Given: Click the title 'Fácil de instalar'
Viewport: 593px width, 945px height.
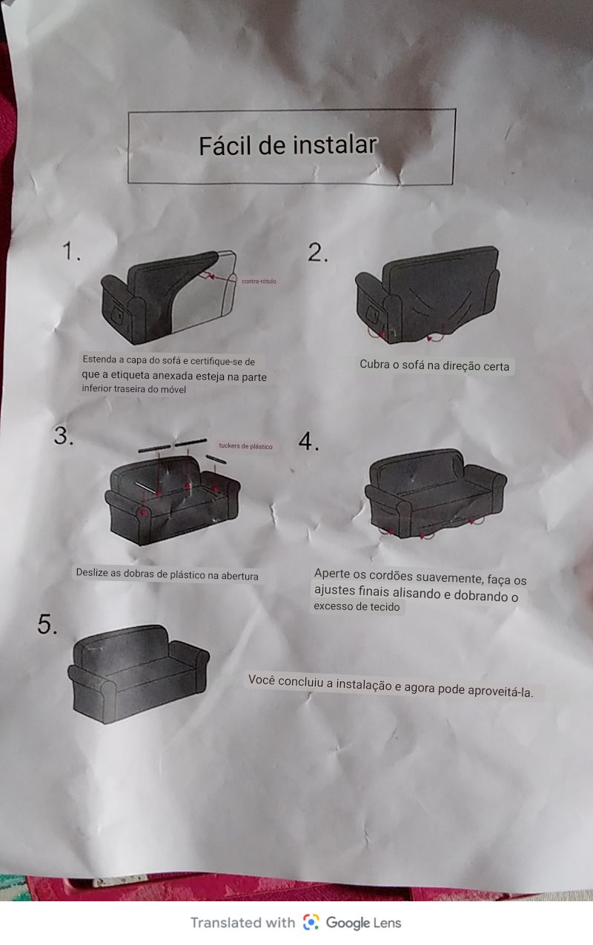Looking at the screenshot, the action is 288,145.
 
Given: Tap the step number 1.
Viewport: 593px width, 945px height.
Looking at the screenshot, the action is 71,251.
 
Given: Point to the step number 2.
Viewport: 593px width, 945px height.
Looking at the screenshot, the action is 317,253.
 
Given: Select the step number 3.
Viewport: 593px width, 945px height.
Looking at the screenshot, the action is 64,435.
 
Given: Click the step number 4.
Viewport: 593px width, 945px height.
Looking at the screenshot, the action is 308,441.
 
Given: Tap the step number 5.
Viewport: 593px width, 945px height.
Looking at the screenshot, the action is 47,624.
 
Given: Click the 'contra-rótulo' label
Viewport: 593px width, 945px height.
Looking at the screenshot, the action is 259,281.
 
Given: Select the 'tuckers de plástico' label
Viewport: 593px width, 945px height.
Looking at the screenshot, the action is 245,446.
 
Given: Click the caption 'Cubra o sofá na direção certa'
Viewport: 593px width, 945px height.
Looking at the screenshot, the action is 434,365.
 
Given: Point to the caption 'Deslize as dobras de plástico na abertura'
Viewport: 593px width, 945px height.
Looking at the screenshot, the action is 167,574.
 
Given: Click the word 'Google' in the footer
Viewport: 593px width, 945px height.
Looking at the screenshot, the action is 348,923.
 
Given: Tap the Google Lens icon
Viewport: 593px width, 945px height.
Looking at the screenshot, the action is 311,922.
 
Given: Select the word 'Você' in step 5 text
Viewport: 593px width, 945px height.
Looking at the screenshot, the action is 261,680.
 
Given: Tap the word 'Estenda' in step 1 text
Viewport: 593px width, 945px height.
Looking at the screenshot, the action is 99,359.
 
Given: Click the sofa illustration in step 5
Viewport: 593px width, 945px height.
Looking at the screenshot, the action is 139,674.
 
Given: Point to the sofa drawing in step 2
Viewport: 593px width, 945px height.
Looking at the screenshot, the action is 427,295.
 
